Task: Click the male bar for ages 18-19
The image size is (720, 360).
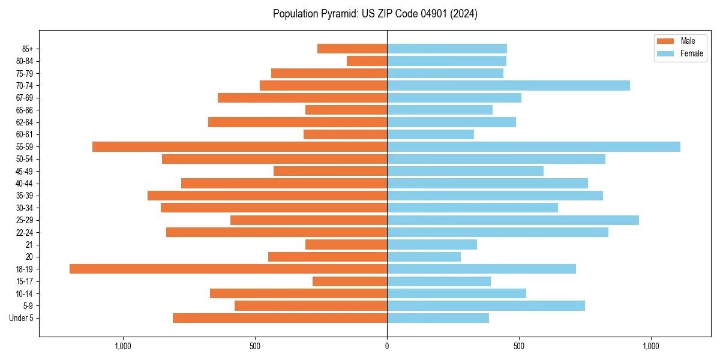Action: pyautogui.click(x=228, y=269)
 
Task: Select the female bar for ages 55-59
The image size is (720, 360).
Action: pyautogui.click(x=533, y=146)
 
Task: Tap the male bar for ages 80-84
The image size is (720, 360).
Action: pyautogui.click(x=367, y=61)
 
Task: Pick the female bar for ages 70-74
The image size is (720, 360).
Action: pyautogui.click(x=508, y=85)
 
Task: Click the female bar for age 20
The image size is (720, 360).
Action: pyautogui.click(x=424, y=257)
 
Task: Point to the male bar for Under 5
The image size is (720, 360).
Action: pyautogui.click(x=280, y=318)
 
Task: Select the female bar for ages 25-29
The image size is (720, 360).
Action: pyautogui.click(x=513, y=220)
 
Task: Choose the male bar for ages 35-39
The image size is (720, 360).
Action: pyautogui.click(x=267, y=196)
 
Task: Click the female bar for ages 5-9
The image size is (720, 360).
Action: pyautogui.click(x=486, y=305)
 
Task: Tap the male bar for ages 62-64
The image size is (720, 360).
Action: pyautogui.click(x=298, y=122)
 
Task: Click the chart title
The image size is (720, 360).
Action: pyautogui.click(x=375, y=14)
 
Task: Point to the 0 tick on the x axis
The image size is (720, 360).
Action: pyautogui.click(x=387, y=346)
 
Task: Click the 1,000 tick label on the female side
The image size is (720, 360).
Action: pyautogui.click(x=651, y=346)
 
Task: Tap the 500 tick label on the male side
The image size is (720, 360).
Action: pyautogui.click(x=255, y=346)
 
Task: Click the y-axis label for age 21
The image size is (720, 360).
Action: pyautogui.click(x=29, y=245)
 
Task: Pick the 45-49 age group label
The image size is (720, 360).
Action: pyautogui.click(x=24, y=171)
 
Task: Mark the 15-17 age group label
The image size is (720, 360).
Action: pyautogui.click(x=24, y=281)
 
